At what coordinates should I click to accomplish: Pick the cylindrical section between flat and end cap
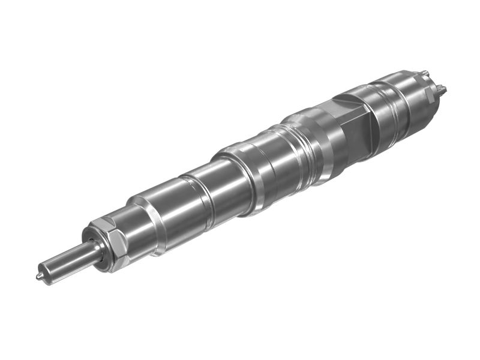[390, 102]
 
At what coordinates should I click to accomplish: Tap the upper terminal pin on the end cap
[425, 74]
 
